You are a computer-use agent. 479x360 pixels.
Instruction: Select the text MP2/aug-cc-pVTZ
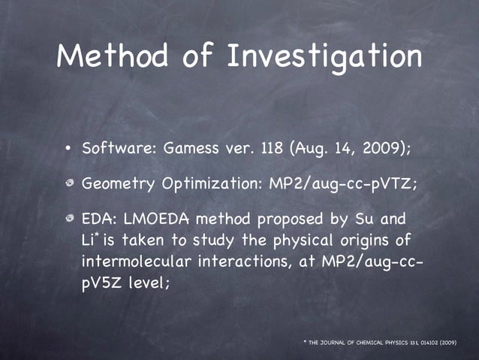[x=329, y=183]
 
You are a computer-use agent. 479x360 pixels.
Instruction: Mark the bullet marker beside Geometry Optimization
[x=68, y=184]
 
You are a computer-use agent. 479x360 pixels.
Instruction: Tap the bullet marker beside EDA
[x=68, y=219]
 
